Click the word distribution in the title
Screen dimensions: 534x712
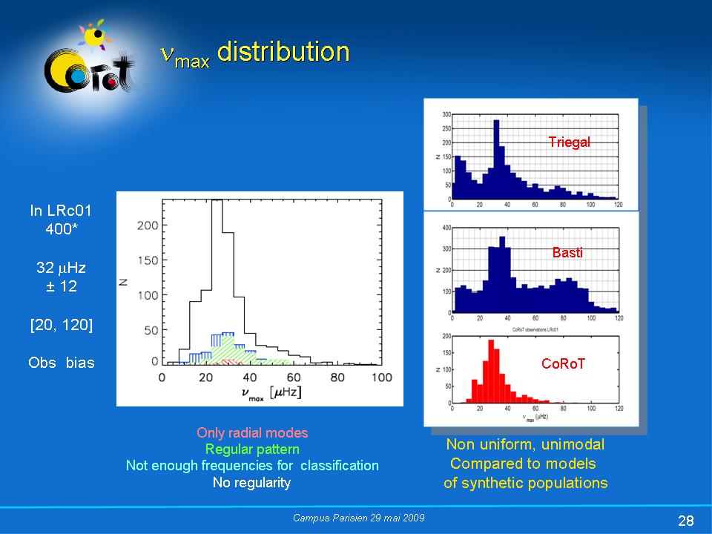283,52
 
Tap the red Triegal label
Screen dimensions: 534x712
569,142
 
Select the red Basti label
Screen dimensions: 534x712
567,253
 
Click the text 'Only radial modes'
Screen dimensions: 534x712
252,432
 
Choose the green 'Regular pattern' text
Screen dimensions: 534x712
252,449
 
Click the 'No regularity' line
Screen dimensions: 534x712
252,482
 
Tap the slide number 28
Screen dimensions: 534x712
685,519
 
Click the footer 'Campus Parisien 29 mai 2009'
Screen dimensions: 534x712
359,518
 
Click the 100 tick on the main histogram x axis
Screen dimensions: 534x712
382,378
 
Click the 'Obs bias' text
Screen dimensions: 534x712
62,363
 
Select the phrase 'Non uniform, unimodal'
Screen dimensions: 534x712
525,444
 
